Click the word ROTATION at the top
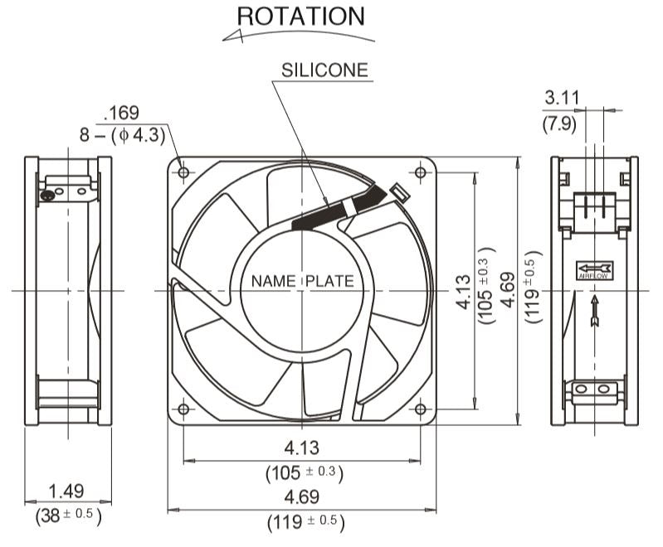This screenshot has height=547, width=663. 300,16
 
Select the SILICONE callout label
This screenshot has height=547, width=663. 324,70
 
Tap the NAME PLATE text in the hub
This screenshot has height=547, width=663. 302,282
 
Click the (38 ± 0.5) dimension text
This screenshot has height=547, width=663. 68,516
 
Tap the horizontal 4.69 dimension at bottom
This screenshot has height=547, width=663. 302,497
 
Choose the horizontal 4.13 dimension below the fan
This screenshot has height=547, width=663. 302,448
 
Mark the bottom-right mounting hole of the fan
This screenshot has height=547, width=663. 420,409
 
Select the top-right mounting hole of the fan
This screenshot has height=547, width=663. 420,172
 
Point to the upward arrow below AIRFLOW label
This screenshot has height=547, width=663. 594,312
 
